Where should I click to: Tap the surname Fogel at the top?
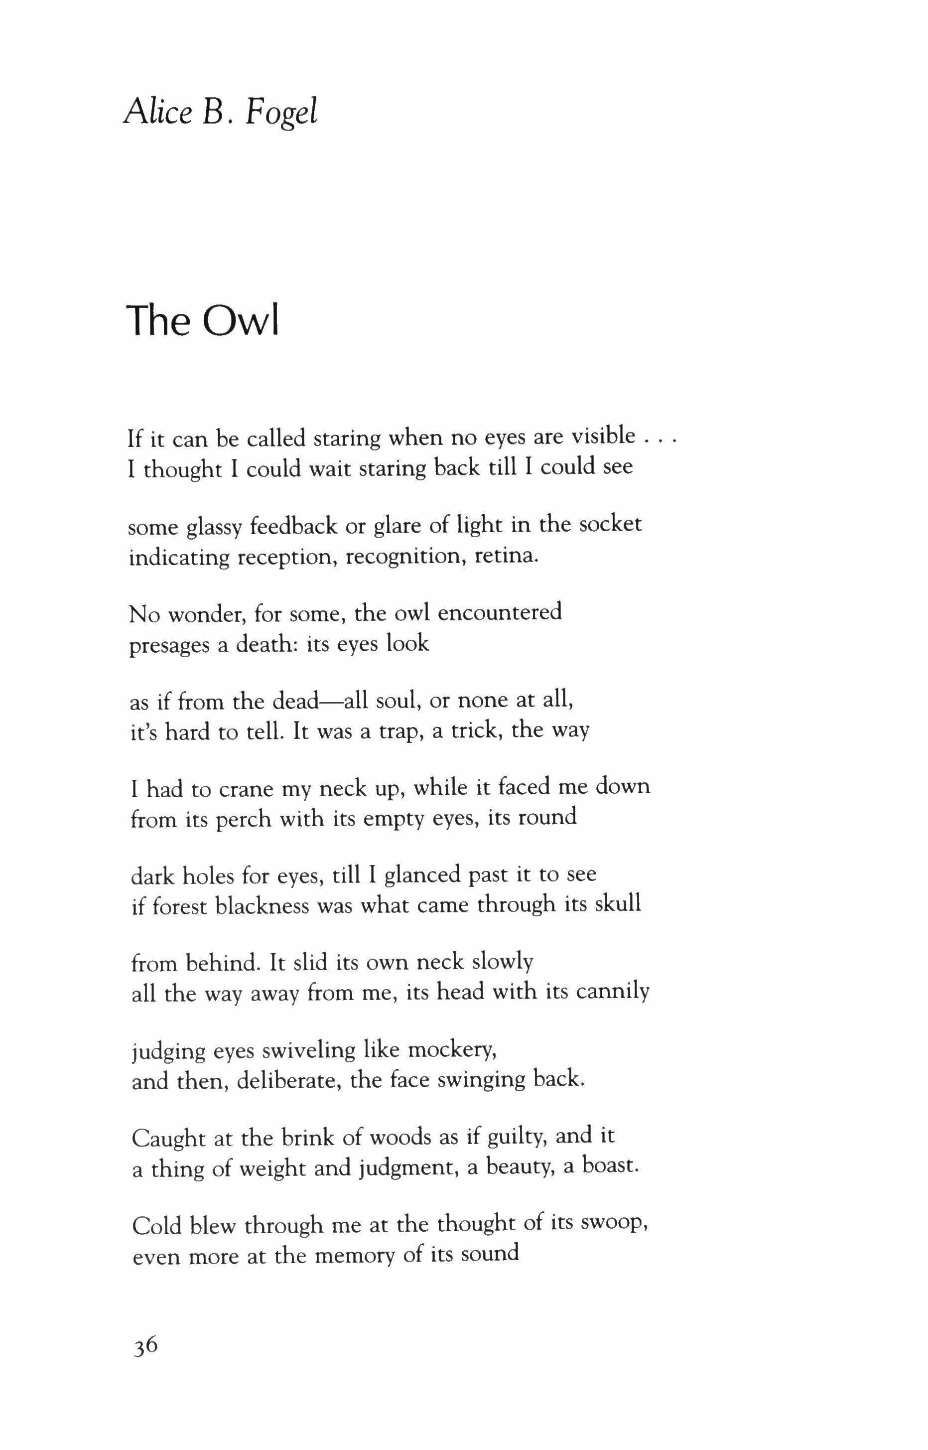point(281,113)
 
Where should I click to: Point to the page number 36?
point(145,1361)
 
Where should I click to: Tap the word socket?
point(610,524)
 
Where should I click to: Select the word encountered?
point(500,612)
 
